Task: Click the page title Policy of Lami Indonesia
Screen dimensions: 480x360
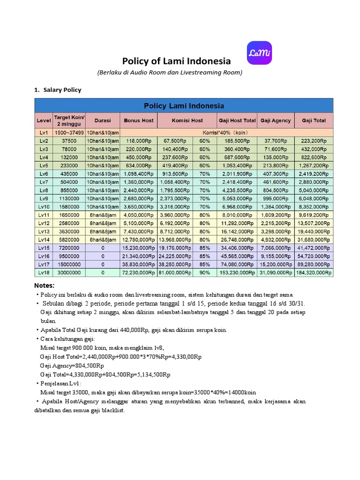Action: (x=176, y=61)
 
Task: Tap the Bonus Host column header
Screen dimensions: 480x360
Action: (x=138, y=120)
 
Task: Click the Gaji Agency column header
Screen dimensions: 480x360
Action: (x=276, y=120)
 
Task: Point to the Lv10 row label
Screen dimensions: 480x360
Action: (x=44, y=206)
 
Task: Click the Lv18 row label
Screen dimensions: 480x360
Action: (x=44, y=272)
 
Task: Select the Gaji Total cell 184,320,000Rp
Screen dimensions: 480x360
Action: (x=314, y=272)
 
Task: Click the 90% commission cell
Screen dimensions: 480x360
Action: (x=204, y=272)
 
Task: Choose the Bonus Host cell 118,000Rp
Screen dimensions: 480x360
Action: (x=138, y=141)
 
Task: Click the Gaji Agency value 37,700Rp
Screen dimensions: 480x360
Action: (x=276, y=141)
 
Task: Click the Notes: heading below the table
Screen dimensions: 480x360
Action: (x=45, y=285)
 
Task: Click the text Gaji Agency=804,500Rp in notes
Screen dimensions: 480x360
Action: (x=72, y=366)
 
